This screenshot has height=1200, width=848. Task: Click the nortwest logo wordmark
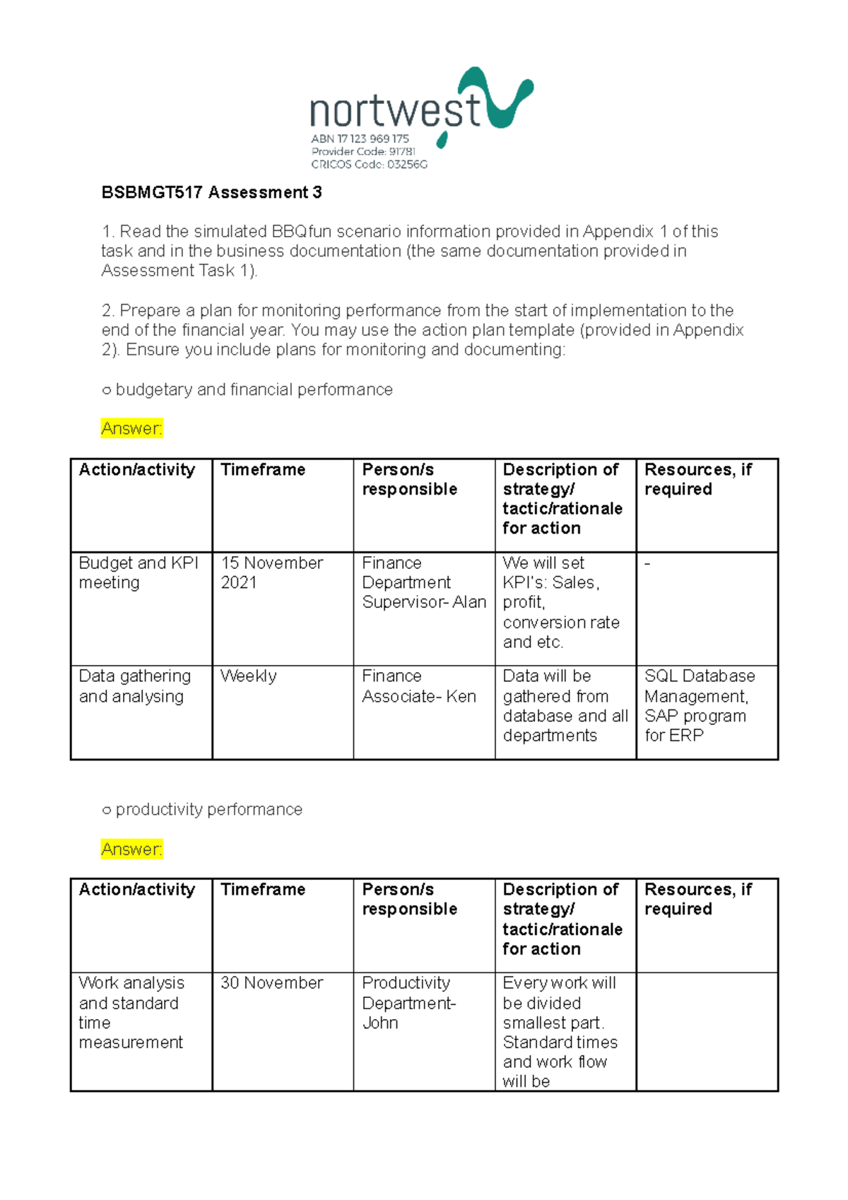pyautogui.click(x=396, y=111)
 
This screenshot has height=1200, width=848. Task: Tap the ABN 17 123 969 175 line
pyautogui.click(x=360, y=139)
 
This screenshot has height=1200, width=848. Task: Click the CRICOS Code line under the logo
pyautogui.click(x=369, y=165)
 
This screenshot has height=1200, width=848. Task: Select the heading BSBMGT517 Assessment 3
pyautogui.click(x=211, y=192)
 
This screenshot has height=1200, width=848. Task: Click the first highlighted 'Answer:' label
pyautogui.click(x=131, y=428)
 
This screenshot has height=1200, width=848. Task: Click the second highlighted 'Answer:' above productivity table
pyautogui.click(x=131, y=849)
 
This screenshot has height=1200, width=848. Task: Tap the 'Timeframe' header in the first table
pyautogui.click(x=263, y=470)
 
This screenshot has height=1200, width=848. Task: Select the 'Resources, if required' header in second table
pyautogui.click(x=697, y=899)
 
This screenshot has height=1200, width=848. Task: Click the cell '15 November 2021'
pyautogui.click(x=271, y=572)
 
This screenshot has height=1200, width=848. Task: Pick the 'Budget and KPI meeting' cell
pyautogui.click(x=138, y=572)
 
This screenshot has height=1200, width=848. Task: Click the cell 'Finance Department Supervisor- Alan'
pyautogui.click(x=423, y=582)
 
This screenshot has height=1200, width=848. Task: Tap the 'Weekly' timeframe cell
pyautogui.click(x=248, y=676)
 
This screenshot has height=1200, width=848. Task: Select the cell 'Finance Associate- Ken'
pyautogui.click(x=418, y=686)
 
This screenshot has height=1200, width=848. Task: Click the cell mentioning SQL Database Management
pyautogui.click(x=698, y=705)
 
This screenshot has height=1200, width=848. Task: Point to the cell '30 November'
pyautogui.click(x=271, y=983)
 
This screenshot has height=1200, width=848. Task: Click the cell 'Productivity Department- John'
pyautogui.click(x=408, y=1002)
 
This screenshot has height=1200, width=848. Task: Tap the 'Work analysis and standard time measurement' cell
pyautogui.click(x=131, y=1012)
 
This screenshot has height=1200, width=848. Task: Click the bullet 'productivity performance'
pyautogui.click(x=208, y=810)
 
